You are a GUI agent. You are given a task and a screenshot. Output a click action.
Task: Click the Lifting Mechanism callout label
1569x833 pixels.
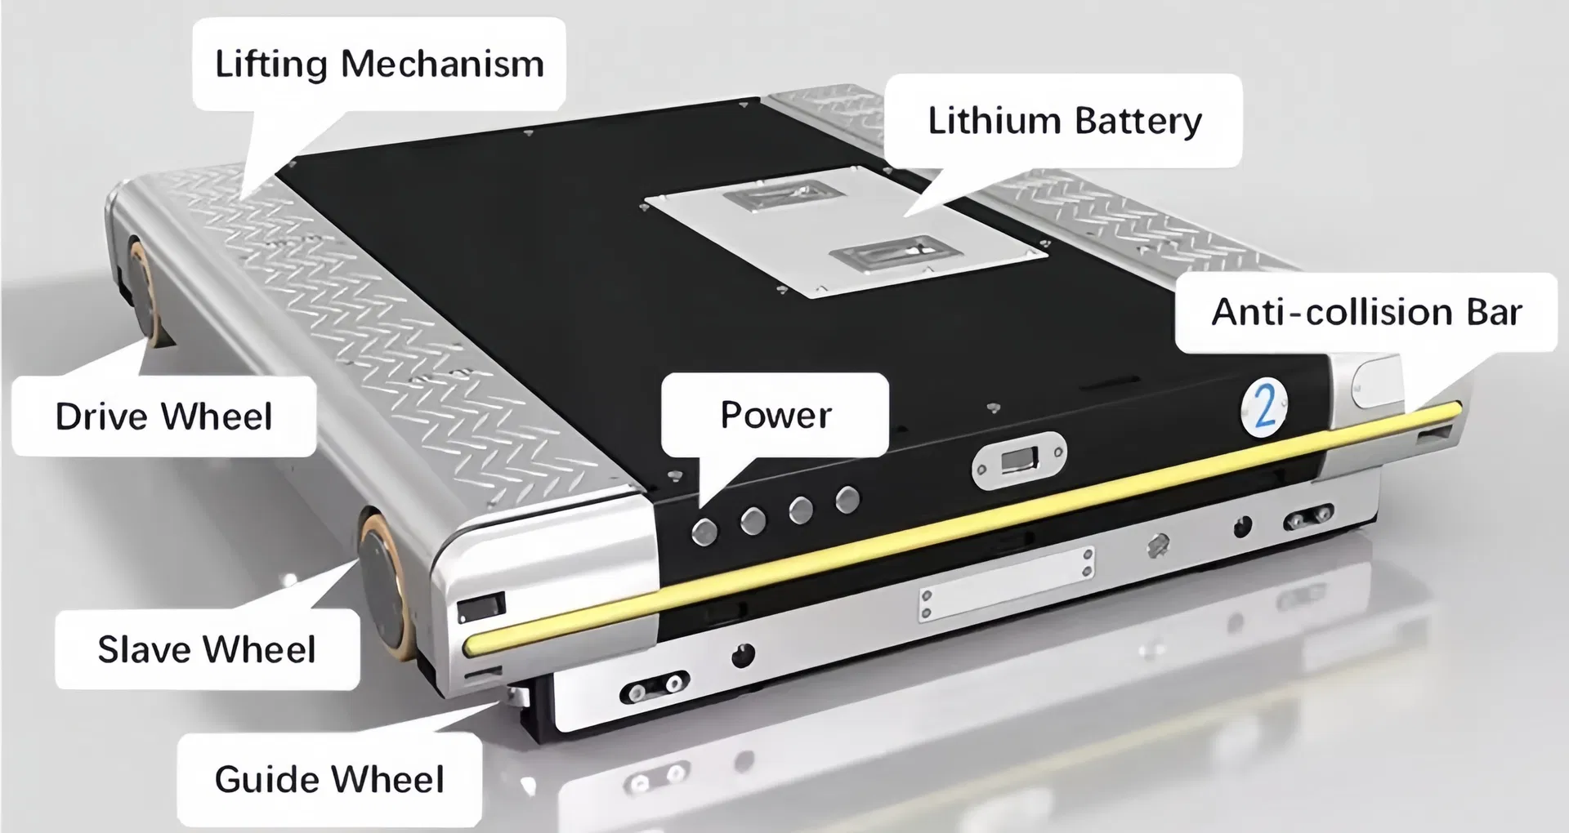(378, 65)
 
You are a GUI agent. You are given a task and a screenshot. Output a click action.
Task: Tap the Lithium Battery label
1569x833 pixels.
(1064, 121)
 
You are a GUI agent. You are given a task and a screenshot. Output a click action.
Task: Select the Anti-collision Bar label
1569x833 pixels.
(1366, 312)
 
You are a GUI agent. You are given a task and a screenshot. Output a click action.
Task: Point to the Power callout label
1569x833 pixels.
(775, 415)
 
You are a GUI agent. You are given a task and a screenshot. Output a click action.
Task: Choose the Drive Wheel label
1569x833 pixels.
(163, 416)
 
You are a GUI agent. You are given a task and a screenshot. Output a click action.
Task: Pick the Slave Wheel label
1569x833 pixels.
(207, 650)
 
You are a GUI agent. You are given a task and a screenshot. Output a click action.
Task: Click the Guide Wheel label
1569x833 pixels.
(329, 779)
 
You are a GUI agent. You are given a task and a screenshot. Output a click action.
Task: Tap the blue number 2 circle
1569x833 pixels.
(1263, 406)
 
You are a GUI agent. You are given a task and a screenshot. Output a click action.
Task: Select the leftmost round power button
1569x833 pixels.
(704, 531)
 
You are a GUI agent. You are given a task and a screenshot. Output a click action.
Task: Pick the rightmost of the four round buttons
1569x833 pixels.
(848, 498)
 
